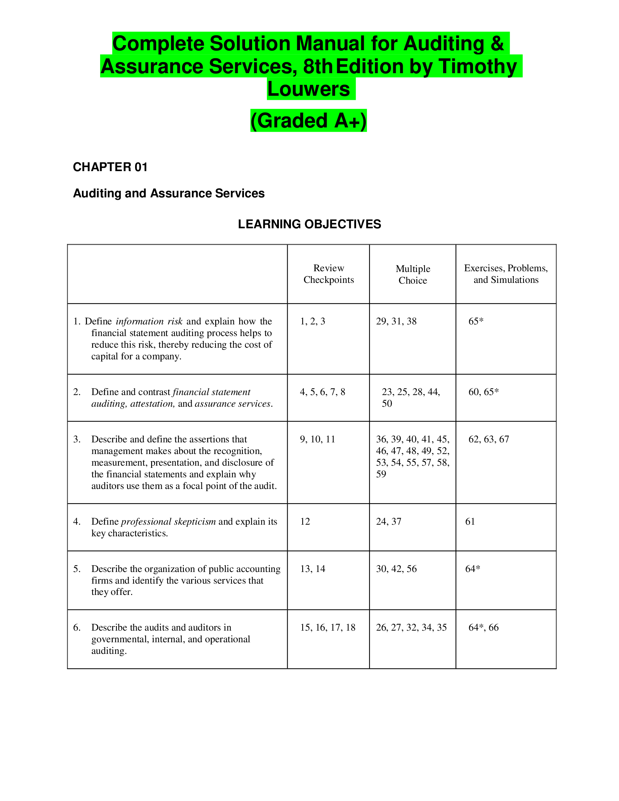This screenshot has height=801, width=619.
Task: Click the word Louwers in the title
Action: [x=308, y=89]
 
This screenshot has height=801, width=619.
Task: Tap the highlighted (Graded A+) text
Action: [x=308, y=121]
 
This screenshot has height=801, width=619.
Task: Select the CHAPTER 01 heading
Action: [x=110, y=167]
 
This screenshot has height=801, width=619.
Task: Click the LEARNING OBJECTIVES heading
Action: [x=309, y=224]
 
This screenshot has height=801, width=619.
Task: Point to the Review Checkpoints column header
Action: [x=328, y=274]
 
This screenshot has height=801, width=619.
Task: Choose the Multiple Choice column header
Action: [x=413, y=274]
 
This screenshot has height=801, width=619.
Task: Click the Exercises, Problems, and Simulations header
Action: [x=506, y=274]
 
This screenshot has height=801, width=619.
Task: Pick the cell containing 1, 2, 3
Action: [x=312, y=321]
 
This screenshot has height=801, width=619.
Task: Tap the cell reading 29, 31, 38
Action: [x=396, y=321]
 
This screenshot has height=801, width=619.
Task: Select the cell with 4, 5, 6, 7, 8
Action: [x=322, y=392]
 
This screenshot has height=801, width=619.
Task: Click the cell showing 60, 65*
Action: [x=483, y=392]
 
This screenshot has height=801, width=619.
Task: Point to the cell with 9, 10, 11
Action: [x=318, y=439]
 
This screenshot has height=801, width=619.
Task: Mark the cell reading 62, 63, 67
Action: [x=488, y=439]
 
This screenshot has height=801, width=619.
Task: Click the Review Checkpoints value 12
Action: [x=305, y=521]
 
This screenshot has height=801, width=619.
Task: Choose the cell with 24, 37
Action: [x=389, y=521]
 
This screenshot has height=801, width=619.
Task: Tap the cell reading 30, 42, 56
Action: [x=396, y=569]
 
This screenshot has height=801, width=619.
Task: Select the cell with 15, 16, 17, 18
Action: [x=328, y=628]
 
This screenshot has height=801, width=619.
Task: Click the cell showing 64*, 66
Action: [x=483, y=628]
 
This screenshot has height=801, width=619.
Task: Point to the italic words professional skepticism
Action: [x=168, y=521]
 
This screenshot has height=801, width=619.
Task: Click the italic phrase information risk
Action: [x=149, y=321]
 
